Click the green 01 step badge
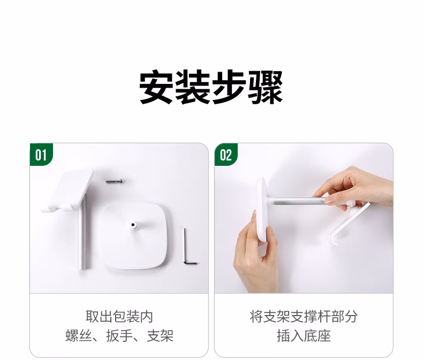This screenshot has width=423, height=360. [x=41, y=155]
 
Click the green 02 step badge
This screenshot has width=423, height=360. [x=226, y=155]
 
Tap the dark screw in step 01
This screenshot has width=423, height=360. [x=115, y=181]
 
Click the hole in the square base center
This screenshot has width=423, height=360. [x=133, y=225]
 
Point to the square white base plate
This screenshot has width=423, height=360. [x=133, y=236]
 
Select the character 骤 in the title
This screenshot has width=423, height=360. [x=266, y=87]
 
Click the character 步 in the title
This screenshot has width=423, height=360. [x=229, y=87]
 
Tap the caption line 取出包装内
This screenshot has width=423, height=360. [x=119, y=316]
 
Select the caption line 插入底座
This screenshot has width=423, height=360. [x=304, y=336]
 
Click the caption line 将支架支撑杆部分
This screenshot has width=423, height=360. [x=304, y=316]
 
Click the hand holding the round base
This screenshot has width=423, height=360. [x=255, y=256]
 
